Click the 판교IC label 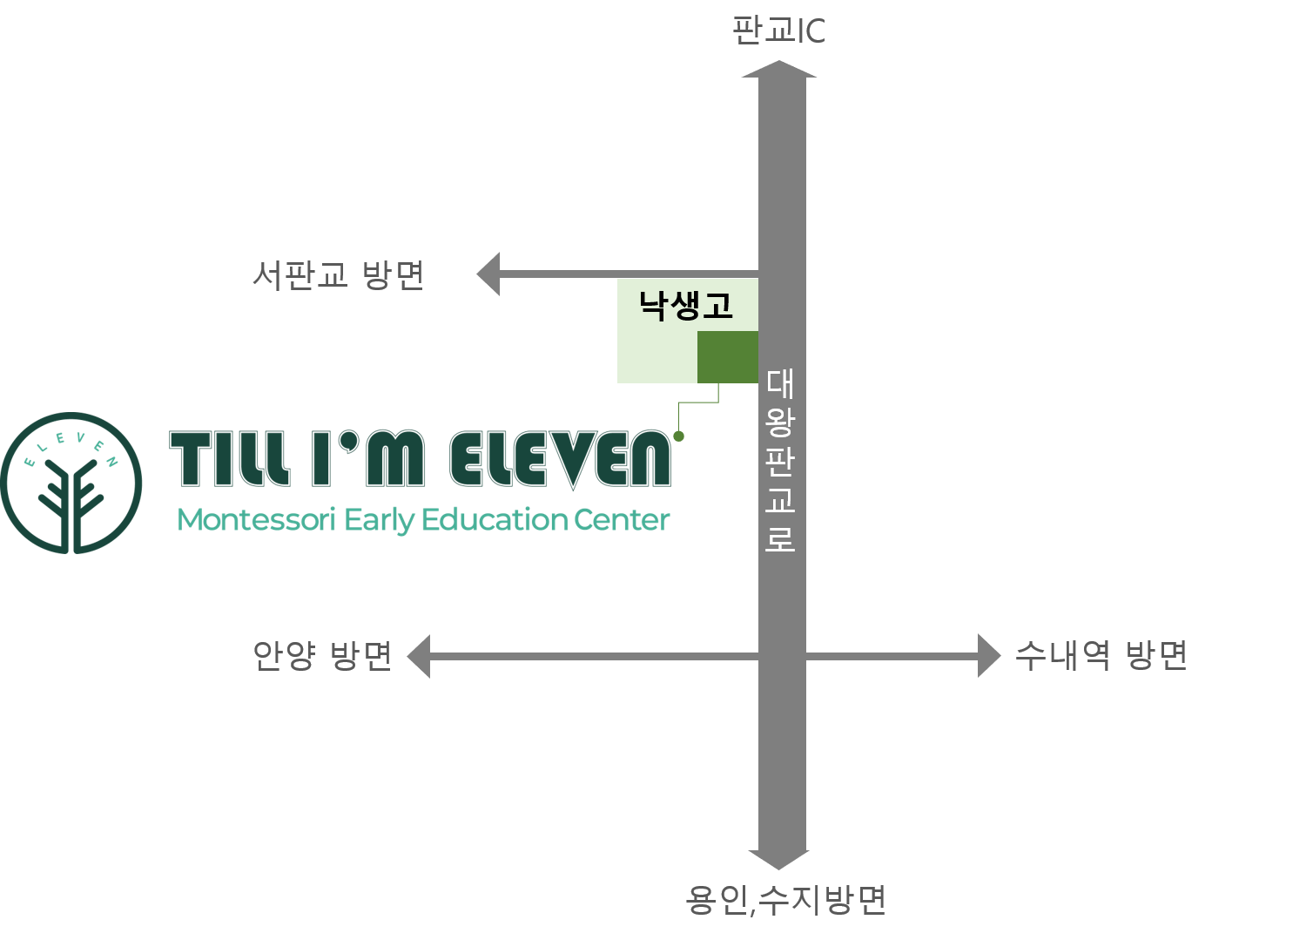click(x=778, y=30)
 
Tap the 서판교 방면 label click(x=338, y=274)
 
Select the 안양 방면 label click(x=322, y=655)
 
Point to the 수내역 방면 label click(x=1101, y=655)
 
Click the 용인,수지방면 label click(x=785, y=900)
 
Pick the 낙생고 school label click(x=685, y=306)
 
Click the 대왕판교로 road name click(x=780, y=460)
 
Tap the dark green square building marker click(x=727, y=357)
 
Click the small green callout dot click(x=679, y=436)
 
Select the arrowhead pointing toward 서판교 click(x=488, y=274)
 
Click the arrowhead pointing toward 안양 click(x=419, y=656)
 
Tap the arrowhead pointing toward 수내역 click(x=989, y=656)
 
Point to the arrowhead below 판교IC click(x=779, y=69)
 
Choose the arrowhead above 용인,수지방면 click(x=779, y=860)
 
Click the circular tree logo click(x=71, y=484)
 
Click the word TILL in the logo click(x=230, y=458)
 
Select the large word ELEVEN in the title click(x=561, y=459)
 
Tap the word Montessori click(x=256, y=519)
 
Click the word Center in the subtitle click(x=622, y=519)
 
